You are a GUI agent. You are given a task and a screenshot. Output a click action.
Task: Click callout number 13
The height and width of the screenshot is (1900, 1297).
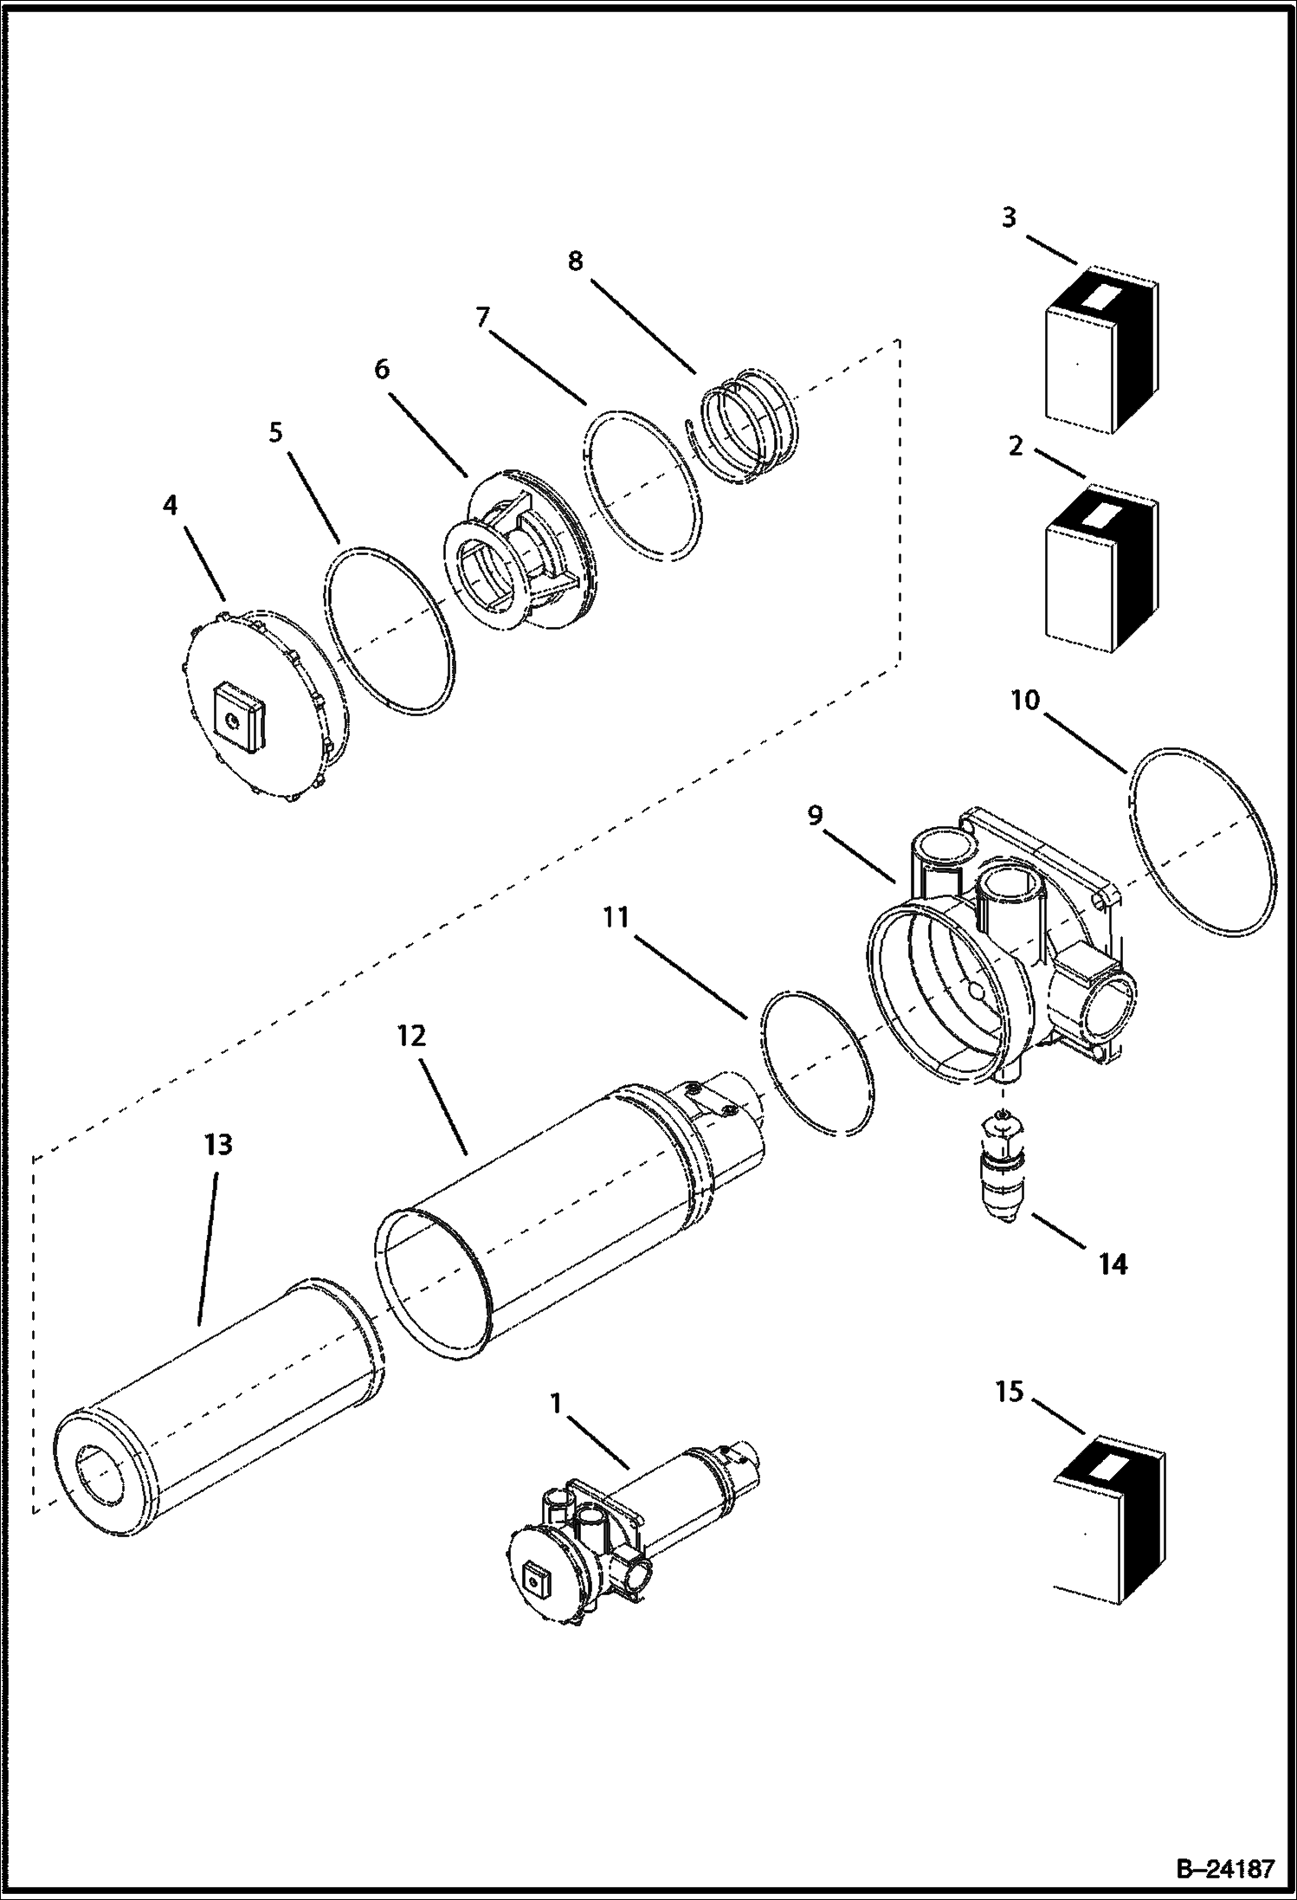click(x=218, y=1145)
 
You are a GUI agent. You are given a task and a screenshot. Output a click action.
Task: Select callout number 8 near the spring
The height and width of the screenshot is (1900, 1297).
click(x=576, y=261)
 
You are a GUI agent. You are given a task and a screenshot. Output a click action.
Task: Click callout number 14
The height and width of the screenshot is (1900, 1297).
click(x=1113, y=1264)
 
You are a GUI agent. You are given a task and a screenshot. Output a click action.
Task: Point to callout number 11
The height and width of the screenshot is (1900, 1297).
click(x=616, y=917)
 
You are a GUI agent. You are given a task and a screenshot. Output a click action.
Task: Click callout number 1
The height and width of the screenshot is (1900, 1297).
click(x=556, y=1401)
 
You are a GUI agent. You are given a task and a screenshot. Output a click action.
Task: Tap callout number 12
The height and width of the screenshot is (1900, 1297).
click(x=412, y=1036)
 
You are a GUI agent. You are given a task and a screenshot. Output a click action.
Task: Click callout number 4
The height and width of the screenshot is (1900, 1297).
click(x=170, y=505)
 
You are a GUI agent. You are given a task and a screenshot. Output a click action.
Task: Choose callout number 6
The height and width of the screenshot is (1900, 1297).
click(x=382, y=369)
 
